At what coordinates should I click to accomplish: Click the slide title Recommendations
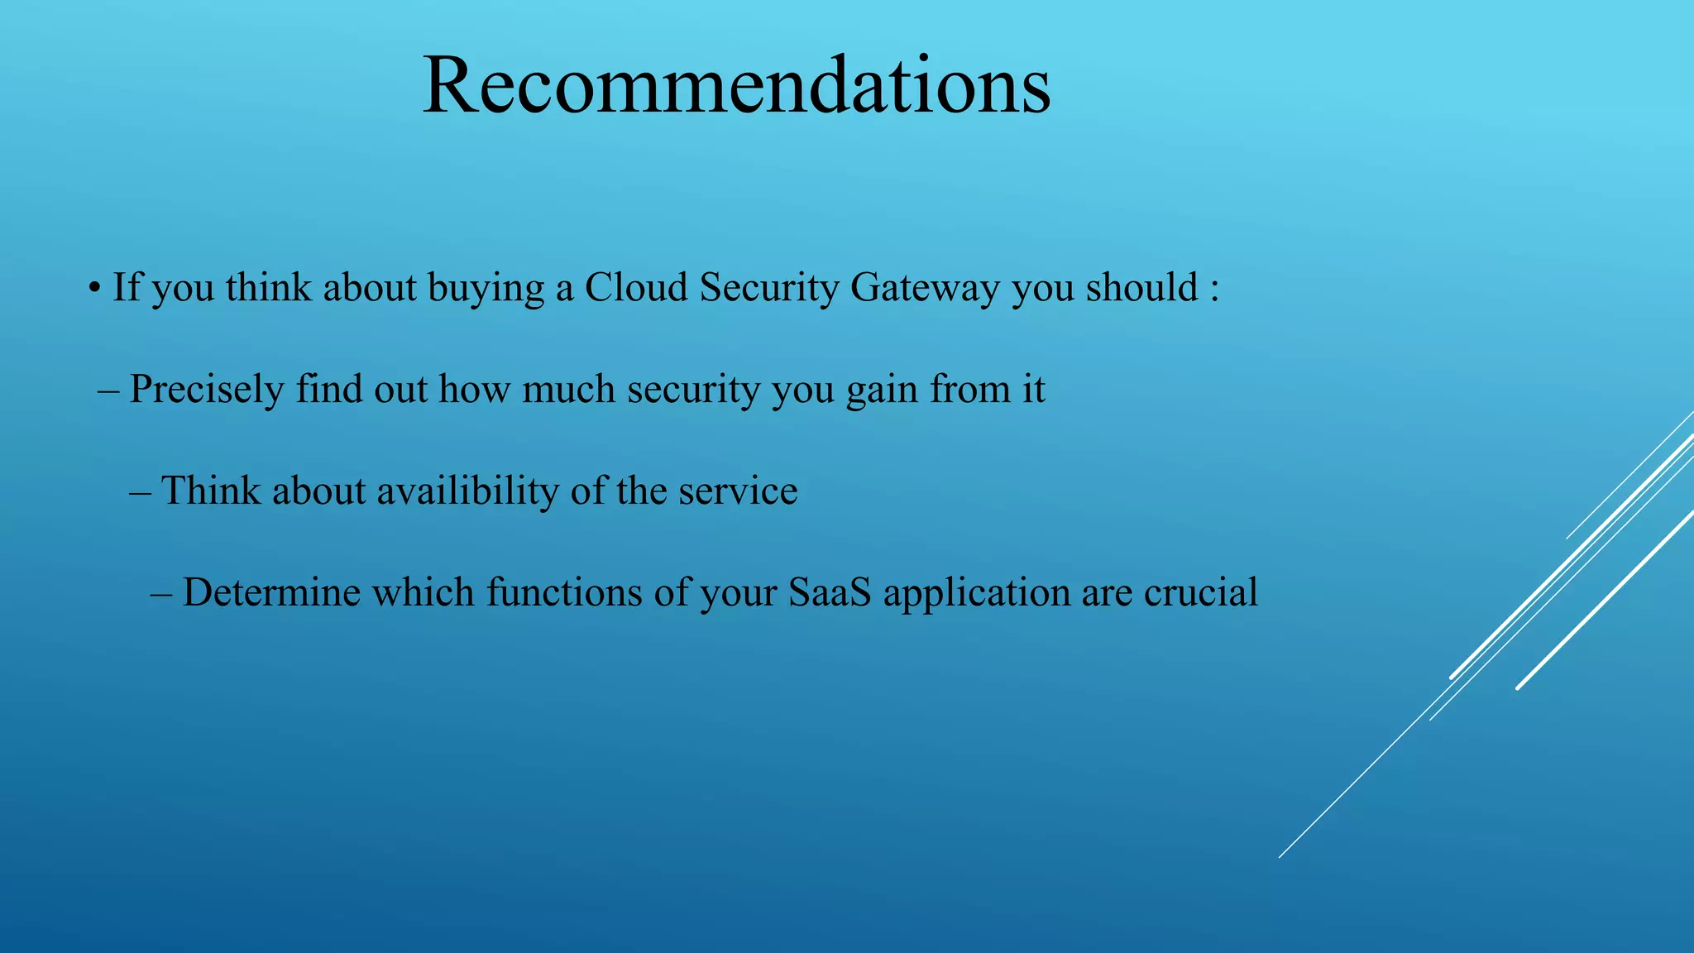736,86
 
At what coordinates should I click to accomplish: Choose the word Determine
271,592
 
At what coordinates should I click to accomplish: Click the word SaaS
830,592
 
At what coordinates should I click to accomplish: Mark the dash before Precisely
108,390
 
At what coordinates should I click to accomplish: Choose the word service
738,491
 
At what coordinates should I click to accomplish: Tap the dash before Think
140,491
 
